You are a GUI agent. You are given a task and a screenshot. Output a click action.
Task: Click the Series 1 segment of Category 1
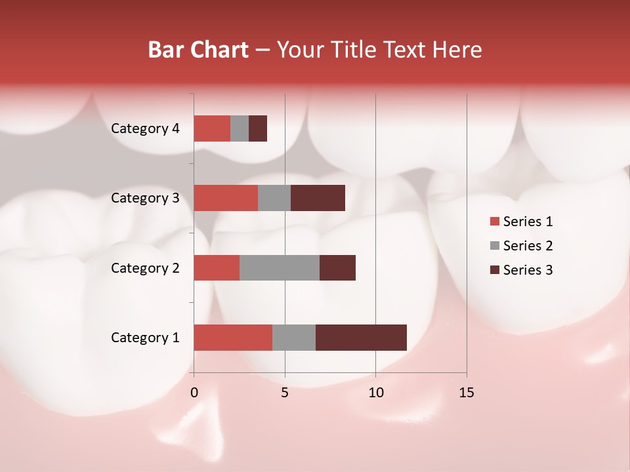click(x=233, y=338)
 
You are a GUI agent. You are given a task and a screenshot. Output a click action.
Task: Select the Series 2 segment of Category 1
click(x=294, y=338)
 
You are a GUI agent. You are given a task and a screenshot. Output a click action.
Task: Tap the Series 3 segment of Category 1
click(x=361, y=338)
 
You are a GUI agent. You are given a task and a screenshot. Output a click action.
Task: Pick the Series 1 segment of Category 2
click(x=217, y=267)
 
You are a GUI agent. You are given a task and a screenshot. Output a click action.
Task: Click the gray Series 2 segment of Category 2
click(x=280, y=267)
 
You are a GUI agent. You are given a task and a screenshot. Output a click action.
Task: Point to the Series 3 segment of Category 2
click(x=337, y=267)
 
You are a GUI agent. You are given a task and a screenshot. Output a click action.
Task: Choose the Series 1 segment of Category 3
click(x=226, y=198)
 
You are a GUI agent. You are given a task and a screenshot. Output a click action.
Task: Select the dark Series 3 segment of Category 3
click(x=318, y=198)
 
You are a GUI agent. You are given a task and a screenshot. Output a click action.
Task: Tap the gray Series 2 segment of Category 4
click(x=240, y=128)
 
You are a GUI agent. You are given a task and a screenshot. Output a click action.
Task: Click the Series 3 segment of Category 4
click(x=258, y=128)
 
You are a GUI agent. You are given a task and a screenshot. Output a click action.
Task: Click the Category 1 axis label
click(x=145, y=338)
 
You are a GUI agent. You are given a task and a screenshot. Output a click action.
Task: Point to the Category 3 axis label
click(x=145, y=198)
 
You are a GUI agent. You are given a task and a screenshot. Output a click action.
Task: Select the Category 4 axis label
click(x=145, y=128)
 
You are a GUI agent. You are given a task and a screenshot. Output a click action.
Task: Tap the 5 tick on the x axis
click(x=285, y=393)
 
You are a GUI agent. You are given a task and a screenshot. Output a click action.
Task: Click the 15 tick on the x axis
click(x=467, y=393)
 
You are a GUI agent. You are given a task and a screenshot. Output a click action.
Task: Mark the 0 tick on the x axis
click(x=194, y=393)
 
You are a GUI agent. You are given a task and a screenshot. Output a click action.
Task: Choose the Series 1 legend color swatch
click(x=494, y=222)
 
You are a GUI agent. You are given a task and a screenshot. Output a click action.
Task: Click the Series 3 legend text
click(x=528, y=270)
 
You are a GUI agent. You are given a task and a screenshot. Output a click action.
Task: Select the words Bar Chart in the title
click(x=198, y=50)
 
